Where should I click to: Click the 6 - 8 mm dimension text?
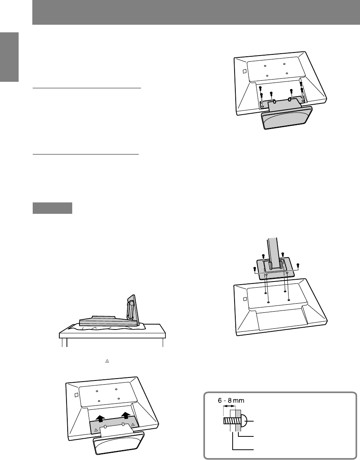click(231, 400)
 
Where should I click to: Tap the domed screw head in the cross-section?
click(244, 421)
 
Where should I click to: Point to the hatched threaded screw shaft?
click(229, 421)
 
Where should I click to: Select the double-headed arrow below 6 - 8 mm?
click(229, 406)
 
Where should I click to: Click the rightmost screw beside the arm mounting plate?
click(298, 265)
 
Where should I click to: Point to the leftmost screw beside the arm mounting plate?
click(255, 269)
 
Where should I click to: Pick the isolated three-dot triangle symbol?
click(107, 361)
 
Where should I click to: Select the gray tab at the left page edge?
click(9, 57)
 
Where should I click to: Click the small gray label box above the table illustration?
click(52, 208)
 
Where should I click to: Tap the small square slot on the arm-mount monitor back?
click(245, 299)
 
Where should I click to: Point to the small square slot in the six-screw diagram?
click(244, 71)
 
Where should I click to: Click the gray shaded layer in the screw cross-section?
click(238, 420)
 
